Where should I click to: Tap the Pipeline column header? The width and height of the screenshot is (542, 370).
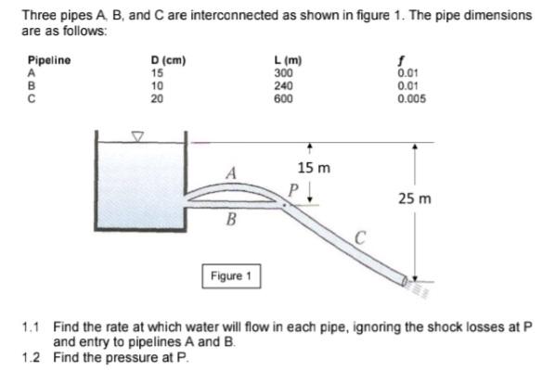tap(49, 61)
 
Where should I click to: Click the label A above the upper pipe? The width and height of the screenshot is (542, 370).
tap(233, 172)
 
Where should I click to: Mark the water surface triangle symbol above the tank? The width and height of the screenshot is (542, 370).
tap(139, 137)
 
